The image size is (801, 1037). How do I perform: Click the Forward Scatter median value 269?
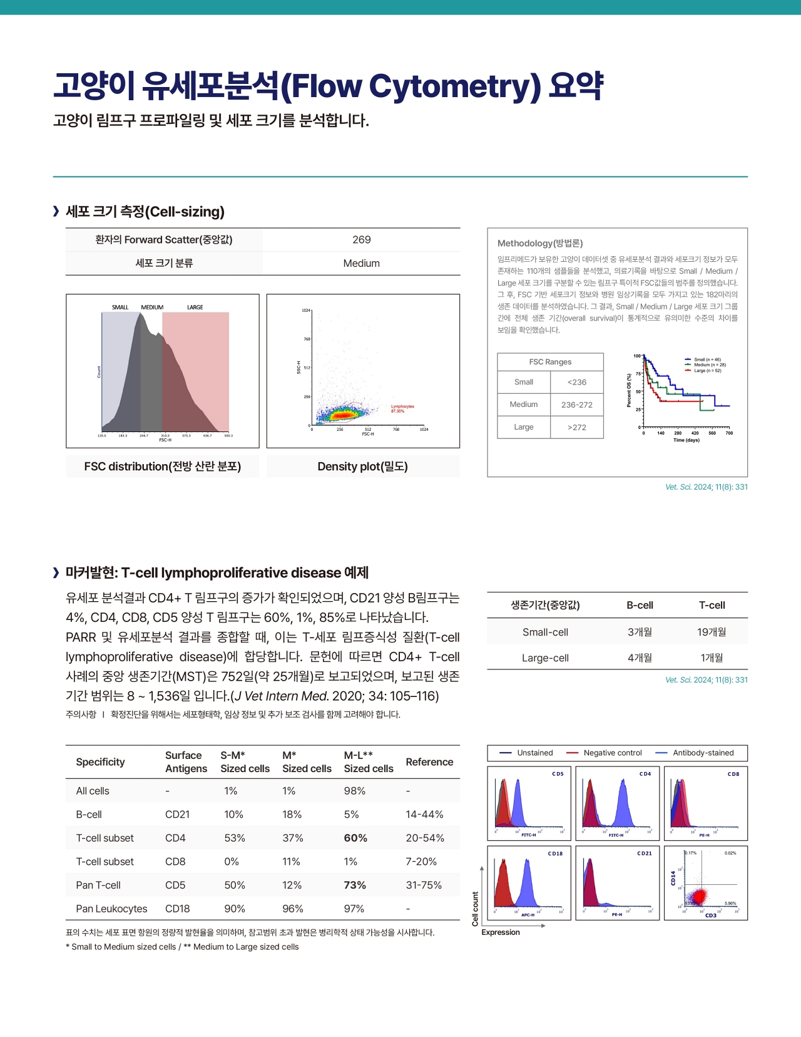pos(361,240)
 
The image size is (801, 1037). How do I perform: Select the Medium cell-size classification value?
pos(361,264)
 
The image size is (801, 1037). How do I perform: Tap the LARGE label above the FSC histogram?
pos(195,307)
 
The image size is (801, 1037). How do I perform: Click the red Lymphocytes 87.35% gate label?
pos(402,408)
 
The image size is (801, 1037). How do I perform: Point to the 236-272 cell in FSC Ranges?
pos(576,405)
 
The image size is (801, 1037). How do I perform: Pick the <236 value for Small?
pos(576,383)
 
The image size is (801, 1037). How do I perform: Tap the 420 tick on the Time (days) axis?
pos(695,433)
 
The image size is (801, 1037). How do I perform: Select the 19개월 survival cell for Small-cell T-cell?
pos(712,632)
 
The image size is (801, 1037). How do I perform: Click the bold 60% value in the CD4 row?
pos(355,838)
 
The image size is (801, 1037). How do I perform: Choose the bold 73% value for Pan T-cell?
pos(355,885)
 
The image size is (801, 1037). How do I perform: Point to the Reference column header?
pos(429,762)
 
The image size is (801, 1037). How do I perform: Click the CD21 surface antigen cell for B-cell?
pos(177,815)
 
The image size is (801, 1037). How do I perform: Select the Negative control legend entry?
pos(612,753)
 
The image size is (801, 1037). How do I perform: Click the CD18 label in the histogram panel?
pos(555,854)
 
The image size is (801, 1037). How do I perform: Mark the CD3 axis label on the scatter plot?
pos(711,916)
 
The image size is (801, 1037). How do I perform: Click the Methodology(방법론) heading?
pos(540,244)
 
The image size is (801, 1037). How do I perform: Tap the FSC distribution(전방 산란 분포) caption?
pos(163,467)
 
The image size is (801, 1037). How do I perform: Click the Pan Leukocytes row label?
pos(111,909)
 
